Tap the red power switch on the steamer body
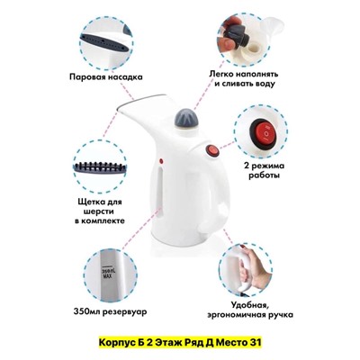(x=212, y=150)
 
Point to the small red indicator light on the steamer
(x=161, y=161)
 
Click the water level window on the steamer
(x=161, y=187)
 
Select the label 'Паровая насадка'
(x=106, y=77)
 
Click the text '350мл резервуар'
(x=110, y=312)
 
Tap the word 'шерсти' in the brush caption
(x=99, y=211)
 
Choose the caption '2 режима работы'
(x=264, y=170)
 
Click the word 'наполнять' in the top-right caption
(x=256, y=74)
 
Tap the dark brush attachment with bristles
(x=100, y=168)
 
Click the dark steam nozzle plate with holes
(x=106, y=42)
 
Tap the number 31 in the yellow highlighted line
(x=256, y=342)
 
